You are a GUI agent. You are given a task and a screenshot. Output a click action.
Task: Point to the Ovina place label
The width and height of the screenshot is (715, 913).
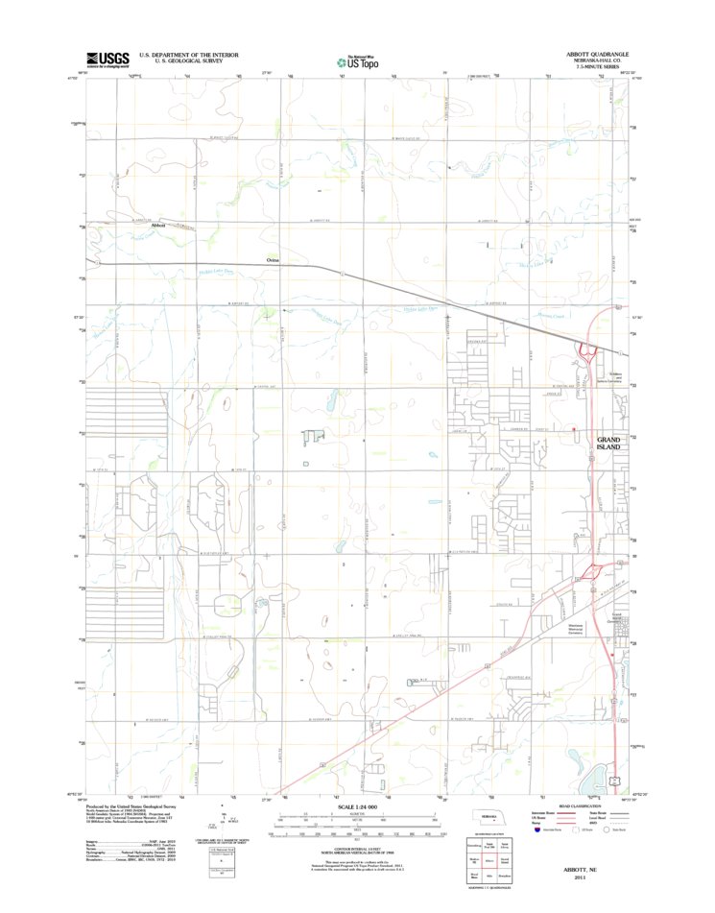[x=274, y=259]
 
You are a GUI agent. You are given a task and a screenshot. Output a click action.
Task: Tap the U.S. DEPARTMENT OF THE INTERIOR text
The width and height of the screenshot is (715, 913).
[x=189, y=55]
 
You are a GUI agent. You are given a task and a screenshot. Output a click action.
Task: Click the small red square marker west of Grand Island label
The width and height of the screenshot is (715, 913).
[x=573, y=429]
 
